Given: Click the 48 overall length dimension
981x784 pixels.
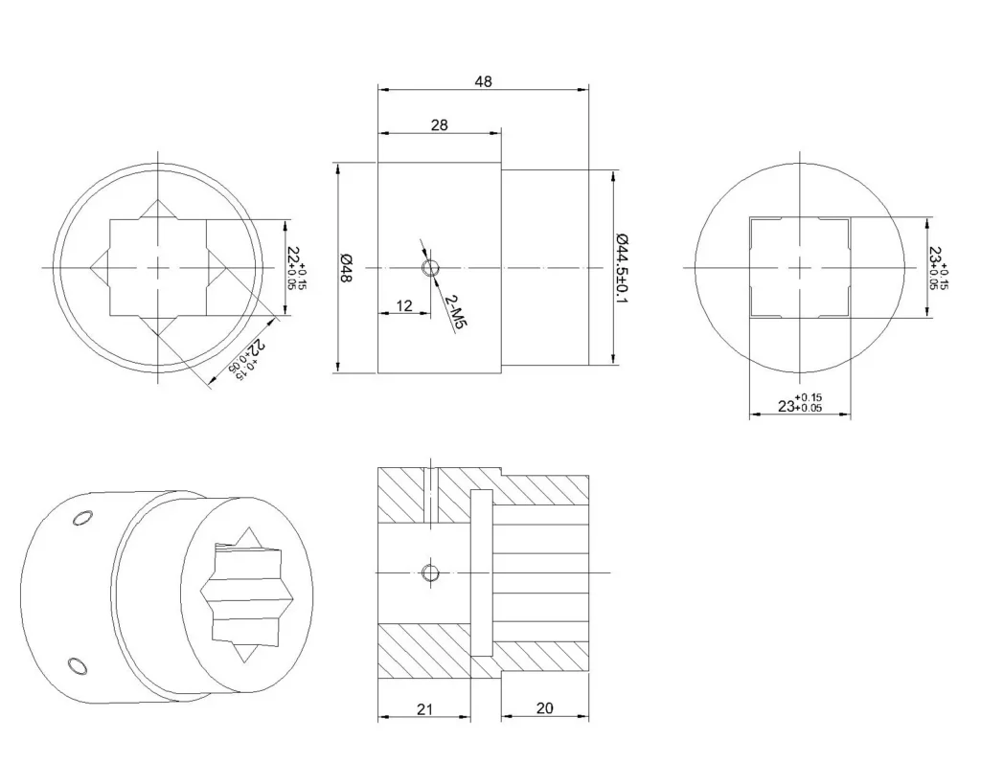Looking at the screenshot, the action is coord(483,81).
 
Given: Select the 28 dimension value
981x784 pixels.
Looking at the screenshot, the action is coord(439,125).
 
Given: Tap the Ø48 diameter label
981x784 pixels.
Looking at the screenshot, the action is coord(345,268).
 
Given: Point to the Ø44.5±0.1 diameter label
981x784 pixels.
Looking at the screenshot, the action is coord(622,268).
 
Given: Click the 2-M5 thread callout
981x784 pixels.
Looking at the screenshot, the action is coord(456,312).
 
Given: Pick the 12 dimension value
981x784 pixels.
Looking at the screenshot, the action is coord(404,305).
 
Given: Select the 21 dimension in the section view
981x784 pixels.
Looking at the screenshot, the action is coord(424,709).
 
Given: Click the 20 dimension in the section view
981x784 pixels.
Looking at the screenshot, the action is coord(545,707).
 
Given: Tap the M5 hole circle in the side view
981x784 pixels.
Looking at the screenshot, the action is coord(430,268).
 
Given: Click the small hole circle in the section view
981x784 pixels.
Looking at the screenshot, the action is coord(430,572).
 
